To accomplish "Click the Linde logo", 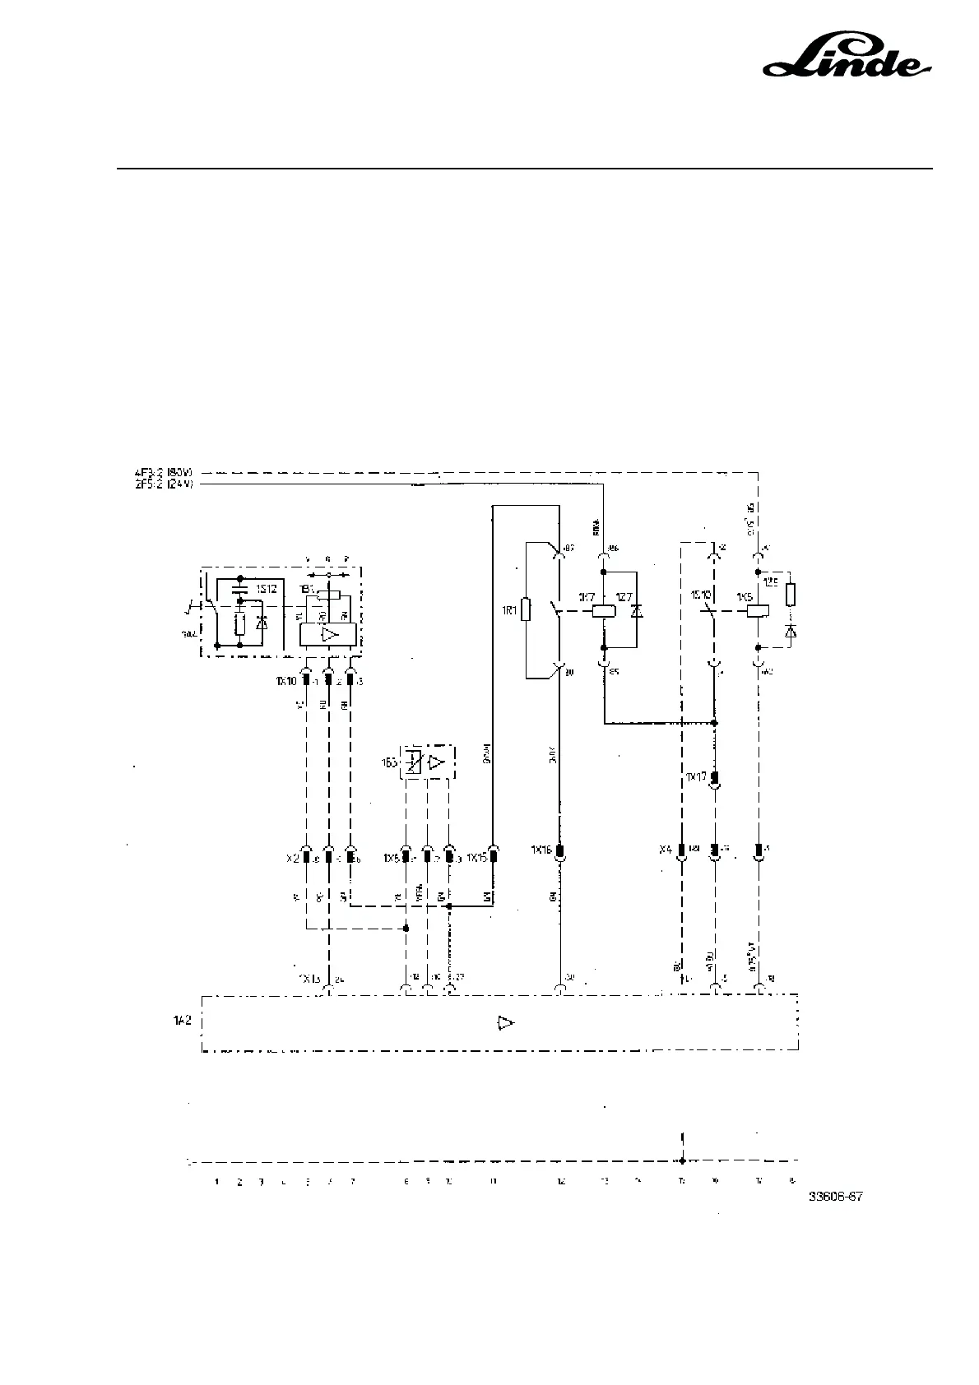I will [x=848, y=57].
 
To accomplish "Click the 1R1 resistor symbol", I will [x=527, y=609].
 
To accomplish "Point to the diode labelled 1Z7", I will [x=636, y=611].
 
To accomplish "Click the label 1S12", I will [x=265, y=589].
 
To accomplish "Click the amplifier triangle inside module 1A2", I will [x=505, y=1022].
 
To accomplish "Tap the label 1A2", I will [x=182, y=1020].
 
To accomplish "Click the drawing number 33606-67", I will [x=835, y=1197].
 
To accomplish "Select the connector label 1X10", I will [x=285, y=680].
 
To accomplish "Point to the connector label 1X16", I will [x=541, y=851].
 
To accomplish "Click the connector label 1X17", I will [x=696, y=776].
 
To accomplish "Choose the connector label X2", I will [x=293, y=858].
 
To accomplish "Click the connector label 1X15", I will [x=476, y=858].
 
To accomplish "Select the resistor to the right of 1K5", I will [x=791, y=594].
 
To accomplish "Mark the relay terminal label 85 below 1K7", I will [x=613, y=671].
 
